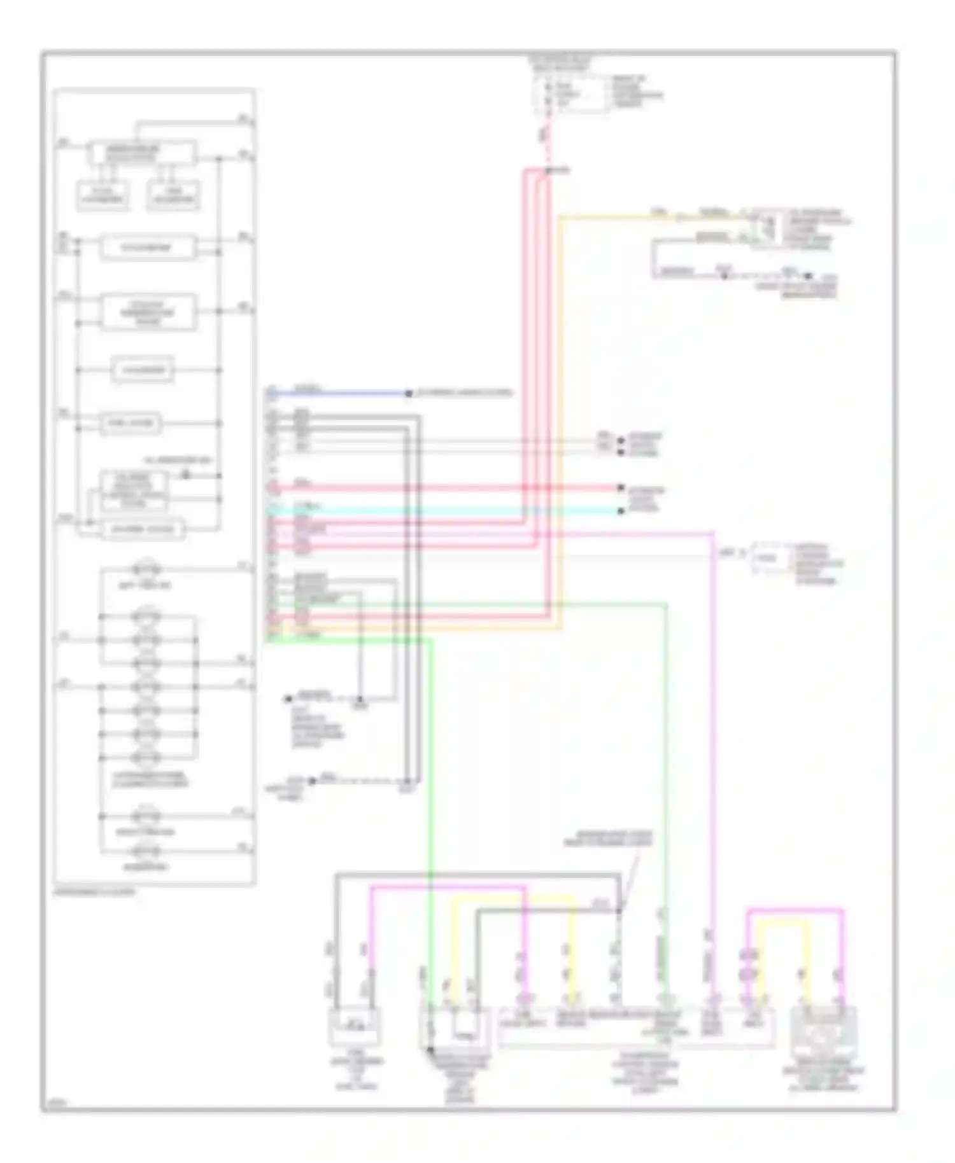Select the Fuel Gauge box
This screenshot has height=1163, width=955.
130,424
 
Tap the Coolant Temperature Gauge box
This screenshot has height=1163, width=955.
148,312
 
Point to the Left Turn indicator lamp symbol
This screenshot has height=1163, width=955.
146,568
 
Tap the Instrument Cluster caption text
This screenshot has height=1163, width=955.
95,892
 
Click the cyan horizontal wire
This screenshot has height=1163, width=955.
446,510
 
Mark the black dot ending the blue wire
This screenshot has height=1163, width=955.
408,393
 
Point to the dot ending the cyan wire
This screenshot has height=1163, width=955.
620,510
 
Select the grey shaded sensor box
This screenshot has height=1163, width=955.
823,1026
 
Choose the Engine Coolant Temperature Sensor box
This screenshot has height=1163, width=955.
454,1027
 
